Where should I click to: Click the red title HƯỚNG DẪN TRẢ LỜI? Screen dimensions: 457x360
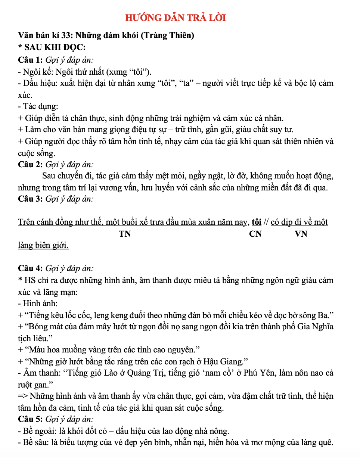coord(176,18)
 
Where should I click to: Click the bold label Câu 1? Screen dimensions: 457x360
coord(31,59)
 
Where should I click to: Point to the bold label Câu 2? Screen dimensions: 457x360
coord(31,164)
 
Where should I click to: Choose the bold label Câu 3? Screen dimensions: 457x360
coord(31,199)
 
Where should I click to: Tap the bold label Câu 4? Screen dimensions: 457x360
coord(31,268)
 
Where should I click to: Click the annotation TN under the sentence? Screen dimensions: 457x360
coord(125,234)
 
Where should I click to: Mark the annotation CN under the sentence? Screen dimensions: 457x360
coord(255,234)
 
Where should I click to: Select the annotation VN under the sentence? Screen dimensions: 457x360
coord(301,234)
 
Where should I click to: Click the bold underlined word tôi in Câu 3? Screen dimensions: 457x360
coord(257,223)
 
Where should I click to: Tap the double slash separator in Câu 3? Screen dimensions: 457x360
coord(266,223)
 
